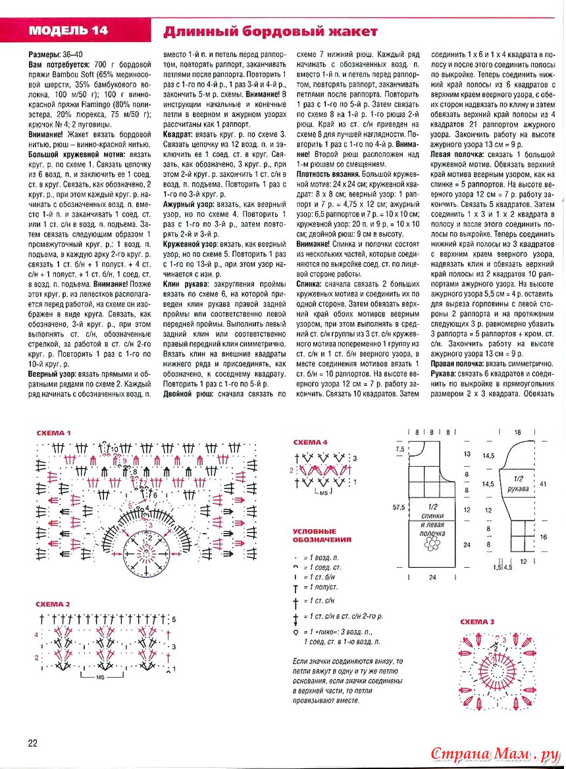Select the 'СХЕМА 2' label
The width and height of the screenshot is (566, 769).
[53, 604]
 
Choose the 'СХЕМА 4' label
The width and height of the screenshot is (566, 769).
[310, 442]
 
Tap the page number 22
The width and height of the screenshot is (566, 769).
[33, 743]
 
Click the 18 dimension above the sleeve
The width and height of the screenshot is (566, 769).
[518, 432]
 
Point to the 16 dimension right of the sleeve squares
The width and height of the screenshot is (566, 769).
[543, 536]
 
